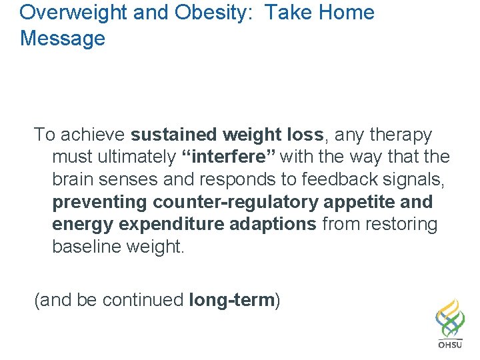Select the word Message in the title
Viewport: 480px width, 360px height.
click(x=63, y=38)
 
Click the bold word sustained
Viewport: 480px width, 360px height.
click(x=174, y=135)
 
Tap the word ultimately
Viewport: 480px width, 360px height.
click(x=135, y=157)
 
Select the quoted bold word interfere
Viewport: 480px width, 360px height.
click(x=229, y=157)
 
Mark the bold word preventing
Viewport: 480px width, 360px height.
click(x=100, y=202)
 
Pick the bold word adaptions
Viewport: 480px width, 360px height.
click(x=273, y=225)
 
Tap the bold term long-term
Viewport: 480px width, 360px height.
click(x=231, y=301)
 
